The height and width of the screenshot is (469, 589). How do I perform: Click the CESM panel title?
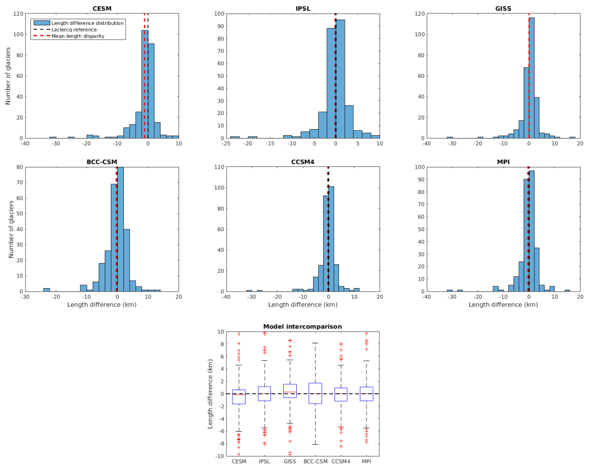point(101,8)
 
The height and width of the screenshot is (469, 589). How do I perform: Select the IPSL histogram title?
point(303,8)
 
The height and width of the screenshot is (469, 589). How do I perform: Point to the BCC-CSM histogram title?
point(101,162)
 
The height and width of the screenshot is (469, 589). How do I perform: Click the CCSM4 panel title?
point(303,162)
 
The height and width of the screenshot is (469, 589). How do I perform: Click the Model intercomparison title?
point(303,326)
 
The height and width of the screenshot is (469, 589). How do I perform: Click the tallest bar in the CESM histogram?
point(145,84)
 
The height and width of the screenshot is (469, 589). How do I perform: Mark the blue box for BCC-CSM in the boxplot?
point(315,393)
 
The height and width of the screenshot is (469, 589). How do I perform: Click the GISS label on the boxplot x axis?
point(290,462)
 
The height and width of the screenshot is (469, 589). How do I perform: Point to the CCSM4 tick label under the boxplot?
point(341,462)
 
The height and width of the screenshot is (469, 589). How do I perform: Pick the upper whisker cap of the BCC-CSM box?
point(315,343)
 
